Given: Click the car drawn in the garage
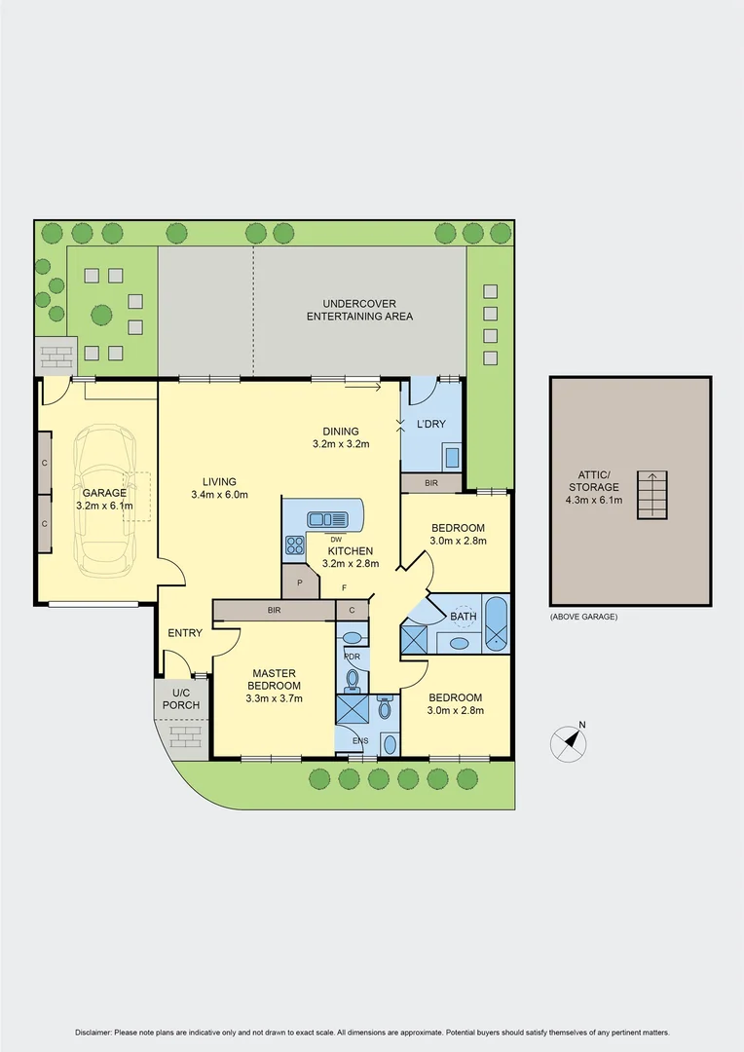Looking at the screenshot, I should [107, 499].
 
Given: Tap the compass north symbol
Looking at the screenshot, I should [570, 743].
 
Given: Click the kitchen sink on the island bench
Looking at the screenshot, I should [321, 519].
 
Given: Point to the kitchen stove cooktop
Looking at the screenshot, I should [294, 545].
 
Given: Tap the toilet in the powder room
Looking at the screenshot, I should [353, 677].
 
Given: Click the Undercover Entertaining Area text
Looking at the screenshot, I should [359, 310].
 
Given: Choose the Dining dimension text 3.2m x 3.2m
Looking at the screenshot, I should [342, 444].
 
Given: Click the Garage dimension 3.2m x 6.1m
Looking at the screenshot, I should [104, 506].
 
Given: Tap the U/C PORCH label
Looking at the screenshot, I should [181, 697].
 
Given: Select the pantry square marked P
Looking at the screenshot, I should [300, 583].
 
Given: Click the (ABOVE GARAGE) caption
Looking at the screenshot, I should [583, 617].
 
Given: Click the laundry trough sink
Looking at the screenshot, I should [452, 457].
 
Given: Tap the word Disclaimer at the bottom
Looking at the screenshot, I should [93, 1033].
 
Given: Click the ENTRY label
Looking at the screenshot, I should [185, 633].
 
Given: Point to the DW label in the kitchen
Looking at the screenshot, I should [335, 539].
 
